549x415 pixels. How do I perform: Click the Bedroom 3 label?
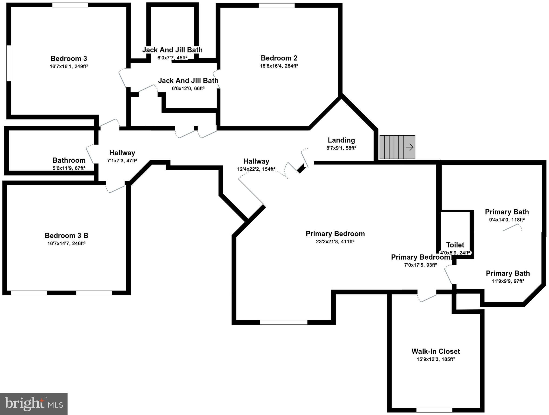click(x=69, y=58)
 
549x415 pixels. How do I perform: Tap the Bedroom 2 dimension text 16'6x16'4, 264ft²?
click(x=279, y=66)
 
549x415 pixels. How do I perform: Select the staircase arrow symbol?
click(x=410, y=147)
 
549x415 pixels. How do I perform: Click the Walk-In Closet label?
click(x=436, y=351)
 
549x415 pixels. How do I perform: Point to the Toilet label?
click(x=455, y=245)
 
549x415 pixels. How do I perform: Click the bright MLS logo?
click(x=34, y=404)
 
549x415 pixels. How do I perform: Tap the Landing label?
click(x=341, y=140)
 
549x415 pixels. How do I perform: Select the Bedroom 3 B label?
click(x=66, y=235)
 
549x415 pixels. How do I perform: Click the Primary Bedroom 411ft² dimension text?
click(x=335, y=242)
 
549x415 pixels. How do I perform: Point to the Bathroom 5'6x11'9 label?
click(x=69, y=160)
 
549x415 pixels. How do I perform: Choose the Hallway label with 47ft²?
click(x=122, y=153)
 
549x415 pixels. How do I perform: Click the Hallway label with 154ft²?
click(x=256, y=161)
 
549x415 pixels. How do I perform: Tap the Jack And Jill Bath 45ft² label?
click(x=172, y=50)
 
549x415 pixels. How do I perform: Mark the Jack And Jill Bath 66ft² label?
click(x=188, y=81)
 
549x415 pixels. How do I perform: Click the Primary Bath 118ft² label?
click(x=507, y=212)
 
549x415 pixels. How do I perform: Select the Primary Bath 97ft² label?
click(x=508, y=273)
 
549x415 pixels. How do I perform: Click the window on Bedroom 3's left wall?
click(x=9, y=63)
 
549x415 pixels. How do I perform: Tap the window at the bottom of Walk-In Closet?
click(x=434, y=410)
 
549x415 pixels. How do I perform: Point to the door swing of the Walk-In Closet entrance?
click(x=427, y=298)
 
